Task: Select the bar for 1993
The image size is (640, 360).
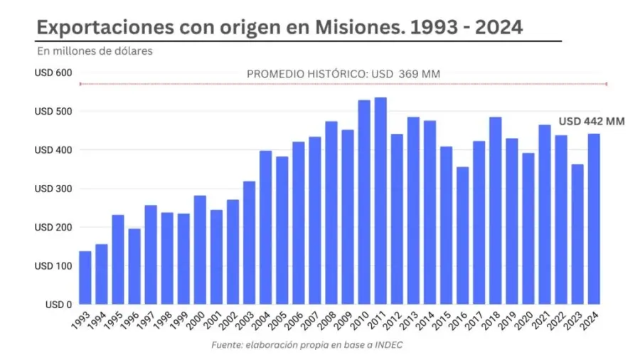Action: point(85,277)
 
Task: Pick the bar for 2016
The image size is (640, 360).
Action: point(462,235)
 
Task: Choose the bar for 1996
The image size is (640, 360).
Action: point(134,266)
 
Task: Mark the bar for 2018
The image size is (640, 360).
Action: point(495,211)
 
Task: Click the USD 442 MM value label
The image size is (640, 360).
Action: point(591,122)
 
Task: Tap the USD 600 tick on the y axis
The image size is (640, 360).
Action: point(52,73)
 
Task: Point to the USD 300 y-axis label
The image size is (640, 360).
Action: point(52,189)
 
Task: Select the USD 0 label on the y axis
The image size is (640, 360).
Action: point(57,304)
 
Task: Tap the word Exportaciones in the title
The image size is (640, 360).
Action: point(97,28)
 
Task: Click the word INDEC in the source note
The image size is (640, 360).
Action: point(390,345)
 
